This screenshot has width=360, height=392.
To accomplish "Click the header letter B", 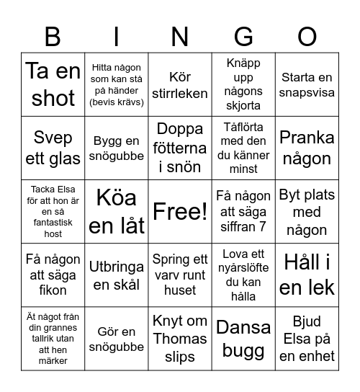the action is (53, 35).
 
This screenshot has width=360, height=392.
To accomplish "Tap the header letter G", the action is (244, 35).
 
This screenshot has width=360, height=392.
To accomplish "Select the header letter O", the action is (307, 35).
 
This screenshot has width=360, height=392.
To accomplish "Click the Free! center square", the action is (180, 212).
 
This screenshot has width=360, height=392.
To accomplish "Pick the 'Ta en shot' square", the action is (53, 85).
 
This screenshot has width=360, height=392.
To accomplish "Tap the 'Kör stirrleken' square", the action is (180, 85).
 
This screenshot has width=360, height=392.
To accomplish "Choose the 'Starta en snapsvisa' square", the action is (307, 85).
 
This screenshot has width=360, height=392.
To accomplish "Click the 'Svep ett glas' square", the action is (53, 148).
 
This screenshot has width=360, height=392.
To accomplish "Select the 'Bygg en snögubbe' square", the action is (117, 148).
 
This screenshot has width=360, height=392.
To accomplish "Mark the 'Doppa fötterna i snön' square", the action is (180, 148).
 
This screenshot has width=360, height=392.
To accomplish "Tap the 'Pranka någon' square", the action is (307, 148).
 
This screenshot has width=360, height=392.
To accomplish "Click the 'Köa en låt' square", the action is (117, 212).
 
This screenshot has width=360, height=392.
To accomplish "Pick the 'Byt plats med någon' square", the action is (307, 212).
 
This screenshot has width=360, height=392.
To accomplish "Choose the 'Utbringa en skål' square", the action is (117, 275).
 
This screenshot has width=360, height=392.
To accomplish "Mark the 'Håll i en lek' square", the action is (307, 275).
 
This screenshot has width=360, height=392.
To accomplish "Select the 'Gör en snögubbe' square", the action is (117, 339).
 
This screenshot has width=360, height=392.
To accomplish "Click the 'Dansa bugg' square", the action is (243, 339).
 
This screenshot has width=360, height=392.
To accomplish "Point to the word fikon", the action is (53, 290).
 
